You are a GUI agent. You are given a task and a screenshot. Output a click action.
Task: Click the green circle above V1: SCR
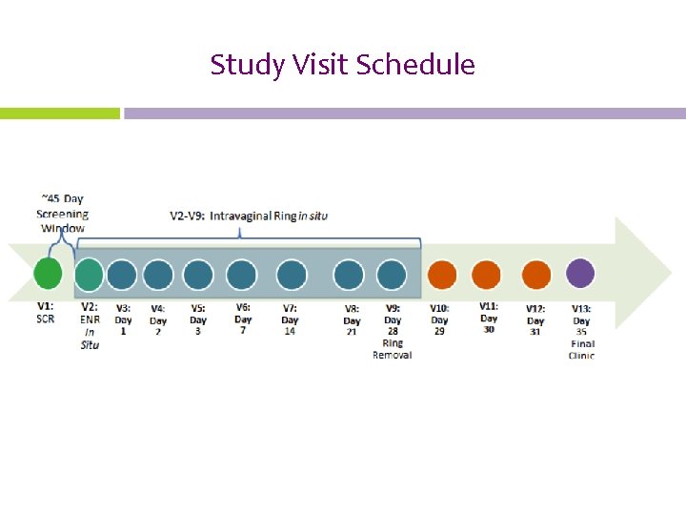(x=48, y=274)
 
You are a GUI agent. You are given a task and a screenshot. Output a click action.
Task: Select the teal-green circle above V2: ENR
(x=89, y=275)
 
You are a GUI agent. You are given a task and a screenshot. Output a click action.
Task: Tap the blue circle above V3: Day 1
(x=122, y=275)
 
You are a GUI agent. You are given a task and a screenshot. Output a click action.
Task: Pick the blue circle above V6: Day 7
(x=241, y=275)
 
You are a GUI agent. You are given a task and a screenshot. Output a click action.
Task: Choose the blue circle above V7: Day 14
(x=292, y=275)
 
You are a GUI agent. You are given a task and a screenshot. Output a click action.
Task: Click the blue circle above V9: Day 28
(x=392, y=275)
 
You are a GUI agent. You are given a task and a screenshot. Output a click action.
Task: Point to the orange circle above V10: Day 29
(x=442, y=275)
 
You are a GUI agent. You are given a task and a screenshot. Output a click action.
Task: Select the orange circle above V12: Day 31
(x=536, y=275)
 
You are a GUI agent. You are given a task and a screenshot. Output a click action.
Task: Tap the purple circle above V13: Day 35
(x=580, y=274)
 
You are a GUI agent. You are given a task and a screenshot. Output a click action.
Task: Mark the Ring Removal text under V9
(x=393, y=349)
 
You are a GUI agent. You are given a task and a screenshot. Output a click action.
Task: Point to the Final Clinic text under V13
(x=581, y=350)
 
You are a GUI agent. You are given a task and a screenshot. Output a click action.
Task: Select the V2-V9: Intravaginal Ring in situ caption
(x=249, y=216)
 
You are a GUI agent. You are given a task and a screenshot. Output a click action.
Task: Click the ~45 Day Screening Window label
(x=61, y=214)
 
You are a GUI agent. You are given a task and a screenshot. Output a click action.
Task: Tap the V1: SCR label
(x=46, y=313)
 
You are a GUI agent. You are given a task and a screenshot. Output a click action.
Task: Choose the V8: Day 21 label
(x=353, y=319)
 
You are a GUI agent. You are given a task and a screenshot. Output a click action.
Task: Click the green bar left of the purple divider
(x=60, y=113)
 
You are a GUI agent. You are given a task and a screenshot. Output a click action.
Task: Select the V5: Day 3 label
(x=198, y=319)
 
